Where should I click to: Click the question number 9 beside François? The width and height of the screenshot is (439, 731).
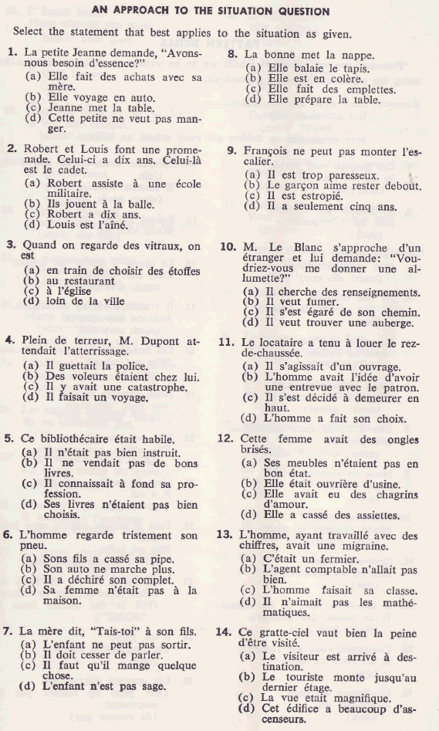[x=231, y=151]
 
